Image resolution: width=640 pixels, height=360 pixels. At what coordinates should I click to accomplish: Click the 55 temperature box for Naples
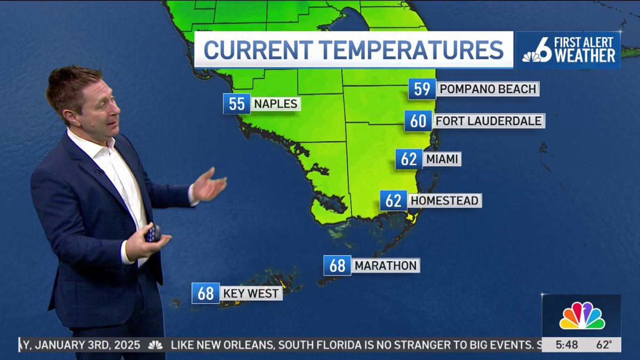pos(236,103)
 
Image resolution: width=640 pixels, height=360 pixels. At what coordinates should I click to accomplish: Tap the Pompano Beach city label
pos(487,89)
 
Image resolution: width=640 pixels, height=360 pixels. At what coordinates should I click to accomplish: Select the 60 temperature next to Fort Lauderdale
pos(418,121)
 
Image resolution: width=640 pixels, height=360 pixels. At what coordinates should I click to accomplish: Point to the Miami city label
pos(442,159)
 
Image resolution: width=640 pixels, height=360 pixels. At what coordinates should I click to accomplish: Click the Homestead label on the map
pos(445,201)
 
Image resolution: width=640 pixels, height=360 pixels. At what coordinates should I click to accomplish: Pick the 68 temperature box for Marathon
pos(337,266)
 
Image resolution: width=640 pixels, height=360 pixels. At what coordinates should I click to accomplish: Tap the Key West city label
pos(251,293)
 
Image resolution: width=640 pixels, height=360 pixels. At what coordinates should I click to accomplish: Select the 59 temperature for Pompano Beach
pos(422,89)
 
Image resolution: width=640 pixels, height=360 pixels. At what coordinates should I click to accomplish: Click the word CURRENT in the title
pos(259,50)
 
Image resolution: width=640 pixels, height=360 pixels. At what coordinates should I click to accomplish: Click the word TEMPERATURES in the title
pos(412,50)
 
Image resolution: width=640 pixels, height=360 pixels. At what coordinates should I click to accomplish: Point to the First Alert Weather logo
pos(568,50)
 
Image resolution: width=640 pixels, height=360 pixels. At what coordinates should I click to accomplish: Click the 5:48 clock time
pos(566,345)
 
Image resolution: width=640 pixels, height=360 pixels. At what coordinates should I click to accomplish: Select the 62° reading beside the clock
pos(604,345)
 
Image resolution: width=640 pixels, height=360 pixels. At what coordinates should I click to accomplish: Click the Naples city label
pos(275,103)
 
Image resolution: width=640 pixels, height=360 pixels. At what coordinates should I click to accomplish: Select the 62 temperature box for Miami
pos(409,159)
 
